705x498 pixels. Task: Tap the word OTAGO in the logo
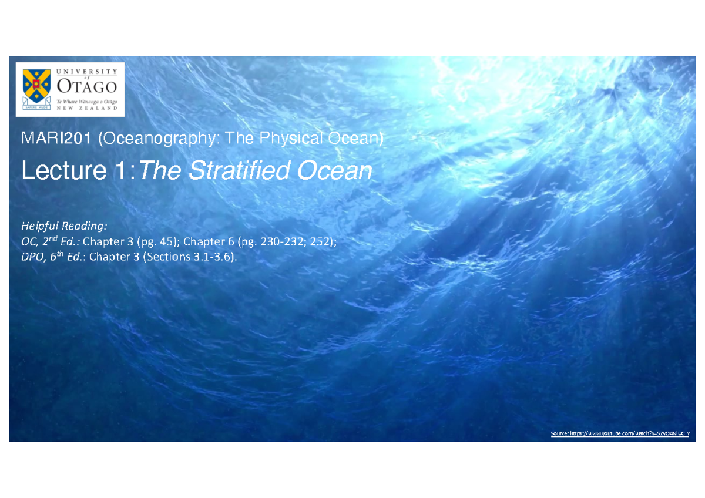(87, 86)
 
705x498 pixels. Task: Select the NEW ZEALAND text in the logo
(87, 108)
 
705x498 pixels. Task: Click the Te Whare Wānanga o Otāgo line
(87, 100)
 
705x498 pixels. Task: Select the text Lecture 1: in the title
(79, 171)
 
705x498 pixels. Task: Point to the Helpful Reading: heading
(65, 226)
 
